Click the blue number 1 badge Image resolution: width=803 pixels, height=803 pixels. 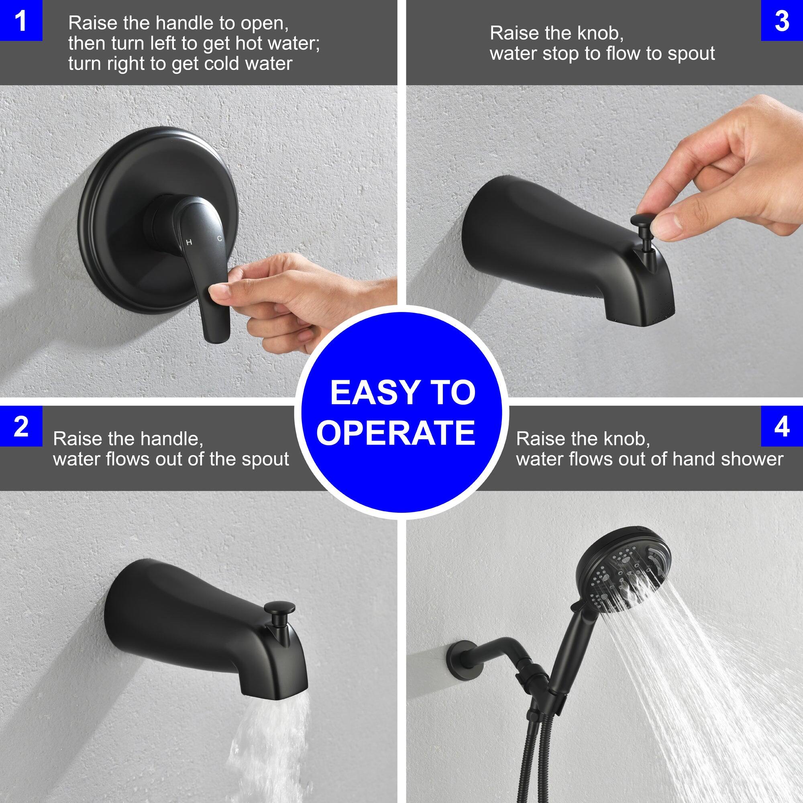tap(20, 20)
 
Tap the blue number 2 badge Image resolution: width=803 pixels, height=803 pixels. tap(20, 426)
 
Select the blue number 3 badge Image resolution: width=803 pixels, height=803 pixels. tap(782, 20)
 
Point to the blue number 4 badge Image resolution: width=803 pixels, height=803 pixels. tap(782, 426)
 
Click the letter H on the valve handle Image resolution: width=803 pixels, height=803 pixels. tap(189, 243)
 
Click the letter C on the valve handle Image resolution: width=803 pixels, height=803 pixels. tap(220, 238)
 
